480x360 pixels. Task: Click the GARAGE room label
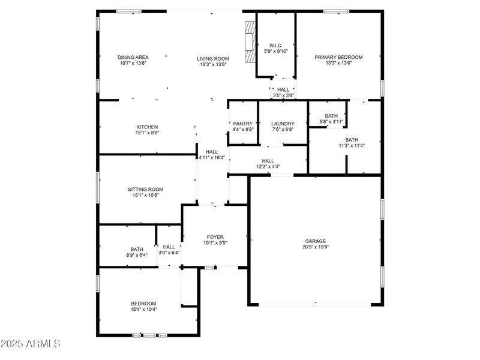tap(316, 241)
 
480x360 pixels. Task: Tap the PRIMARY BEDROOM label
tap(338, 57)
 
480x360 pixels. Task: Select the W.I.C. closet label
tap(276, 46)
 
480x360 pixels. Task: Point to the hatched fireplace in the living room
tap(251, 42)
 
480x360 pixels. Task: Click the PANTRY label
tap(243, 124)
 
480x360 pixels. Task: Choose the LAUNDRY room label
tap(283, 124)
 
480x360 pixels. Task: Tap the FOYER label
tap(215, 237)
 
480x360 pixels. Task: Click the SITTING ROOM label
tap(146, 190)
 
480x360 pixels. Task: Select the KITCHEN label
tap(147, 127)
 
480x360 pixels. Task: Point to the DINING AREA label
tap(133, 57)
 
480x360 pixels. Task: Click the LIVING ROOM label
tap(213, 59)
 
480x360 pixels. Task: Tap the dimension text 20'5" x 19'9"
tap(316, 247)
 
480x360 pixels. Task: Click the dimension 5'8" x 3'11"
tap(332, 122)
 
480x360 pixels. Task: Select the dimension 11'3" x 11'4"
tap(352, 146)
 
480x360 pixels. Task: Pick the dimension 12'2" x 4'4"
tap(268, 167)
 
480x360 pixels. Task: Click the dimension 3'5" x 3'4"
tap(283, 95)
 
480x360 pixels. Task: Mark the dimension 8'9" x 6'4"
tap(137, 255)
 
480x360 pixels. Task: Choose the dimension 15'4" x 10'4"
tap(144, 310)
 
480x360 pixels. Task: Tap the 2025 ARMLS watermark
tap(31, 344)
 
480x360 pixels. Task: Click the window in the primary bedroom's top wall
tap(337, 11)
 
